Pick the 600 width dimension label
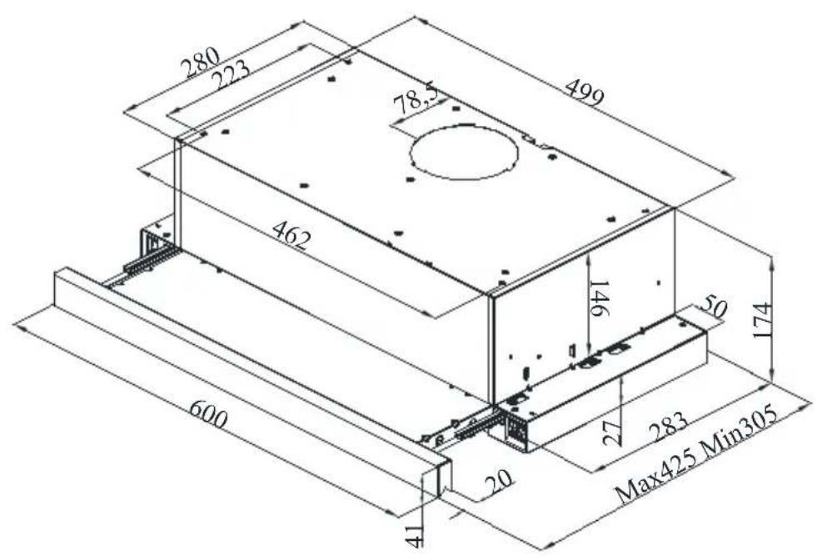pyautogui.click(x=207, y=413)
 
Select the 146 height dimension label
pyautogui.click(x=599, y=298)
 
